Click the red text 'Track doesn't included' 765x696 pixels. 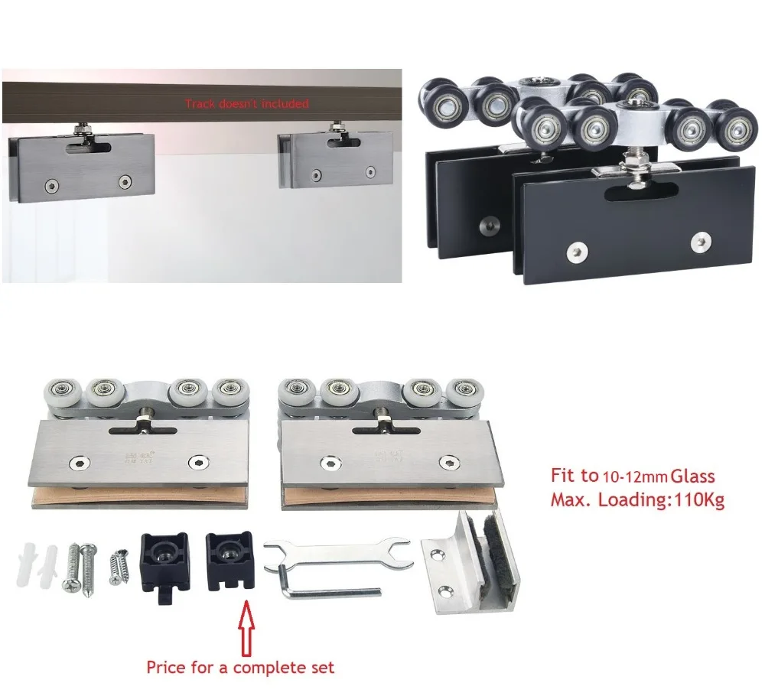point(246,103)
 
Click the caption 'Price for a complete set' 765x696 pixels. point(240,667)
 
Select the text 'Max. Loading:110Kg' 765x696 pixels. point(637,501)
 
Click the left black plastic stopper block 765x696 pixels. point(163,563)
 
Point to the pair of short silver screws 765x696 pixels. point(119,567)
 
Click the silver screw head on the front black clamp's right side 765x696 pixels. point(700,242)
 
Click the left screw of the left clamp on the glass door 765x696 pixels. point(51,184)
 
